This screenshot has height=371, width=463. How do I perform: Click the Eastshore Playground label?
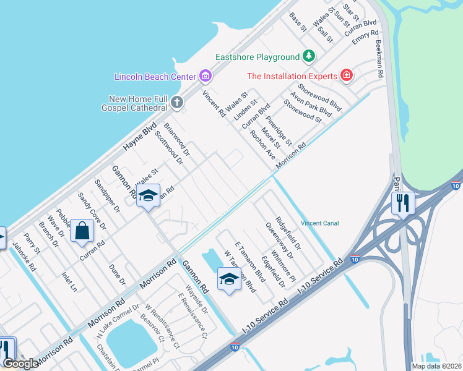point(257,58)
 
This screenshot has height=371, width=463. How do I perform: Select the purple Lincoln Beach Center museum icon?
point(206,77)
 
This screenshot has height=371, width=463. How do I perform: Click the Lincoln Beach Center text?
point(155,77)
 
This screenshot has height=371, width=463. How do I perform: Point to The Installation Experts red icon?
point(347,76)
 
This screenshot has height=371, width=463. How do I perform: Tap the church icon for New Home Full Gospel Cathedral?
point(177,102)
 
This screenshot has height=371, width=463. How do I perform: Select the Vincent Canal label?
point(319,223)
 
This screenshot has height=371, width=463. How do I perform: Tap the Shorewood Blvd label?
point(319,97)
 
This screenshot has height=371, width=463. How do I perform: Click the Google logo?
point(20,364)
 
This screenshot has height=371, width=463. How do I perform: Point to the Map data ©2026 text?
point(437,366)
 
